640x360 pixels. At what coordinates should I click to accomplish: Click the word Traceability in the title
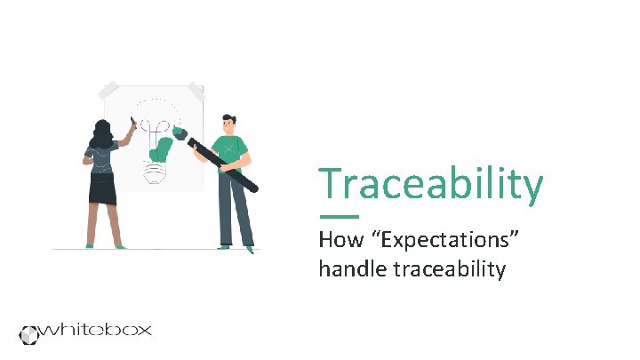(431, 185)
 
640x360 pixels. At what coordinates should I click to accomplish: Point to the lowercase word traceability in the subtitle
(448, 268)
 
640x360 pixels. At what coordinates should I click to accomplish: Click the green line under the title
(338, 216)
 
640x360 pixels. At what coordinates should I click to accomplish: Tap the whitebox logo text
(98, 330)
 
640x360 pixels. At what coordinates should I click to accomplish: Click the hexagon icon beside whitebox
(31, 333)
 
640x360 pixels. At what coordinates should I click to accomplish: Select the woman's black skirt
(101, 188)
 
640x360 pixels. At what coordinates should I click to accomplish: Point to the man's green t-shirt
(234, 147)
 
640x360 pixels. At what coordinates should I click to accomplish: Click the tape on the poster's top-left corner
(109, 90)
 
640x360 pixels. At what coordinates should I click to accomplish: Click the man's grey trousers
(236, 209)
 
